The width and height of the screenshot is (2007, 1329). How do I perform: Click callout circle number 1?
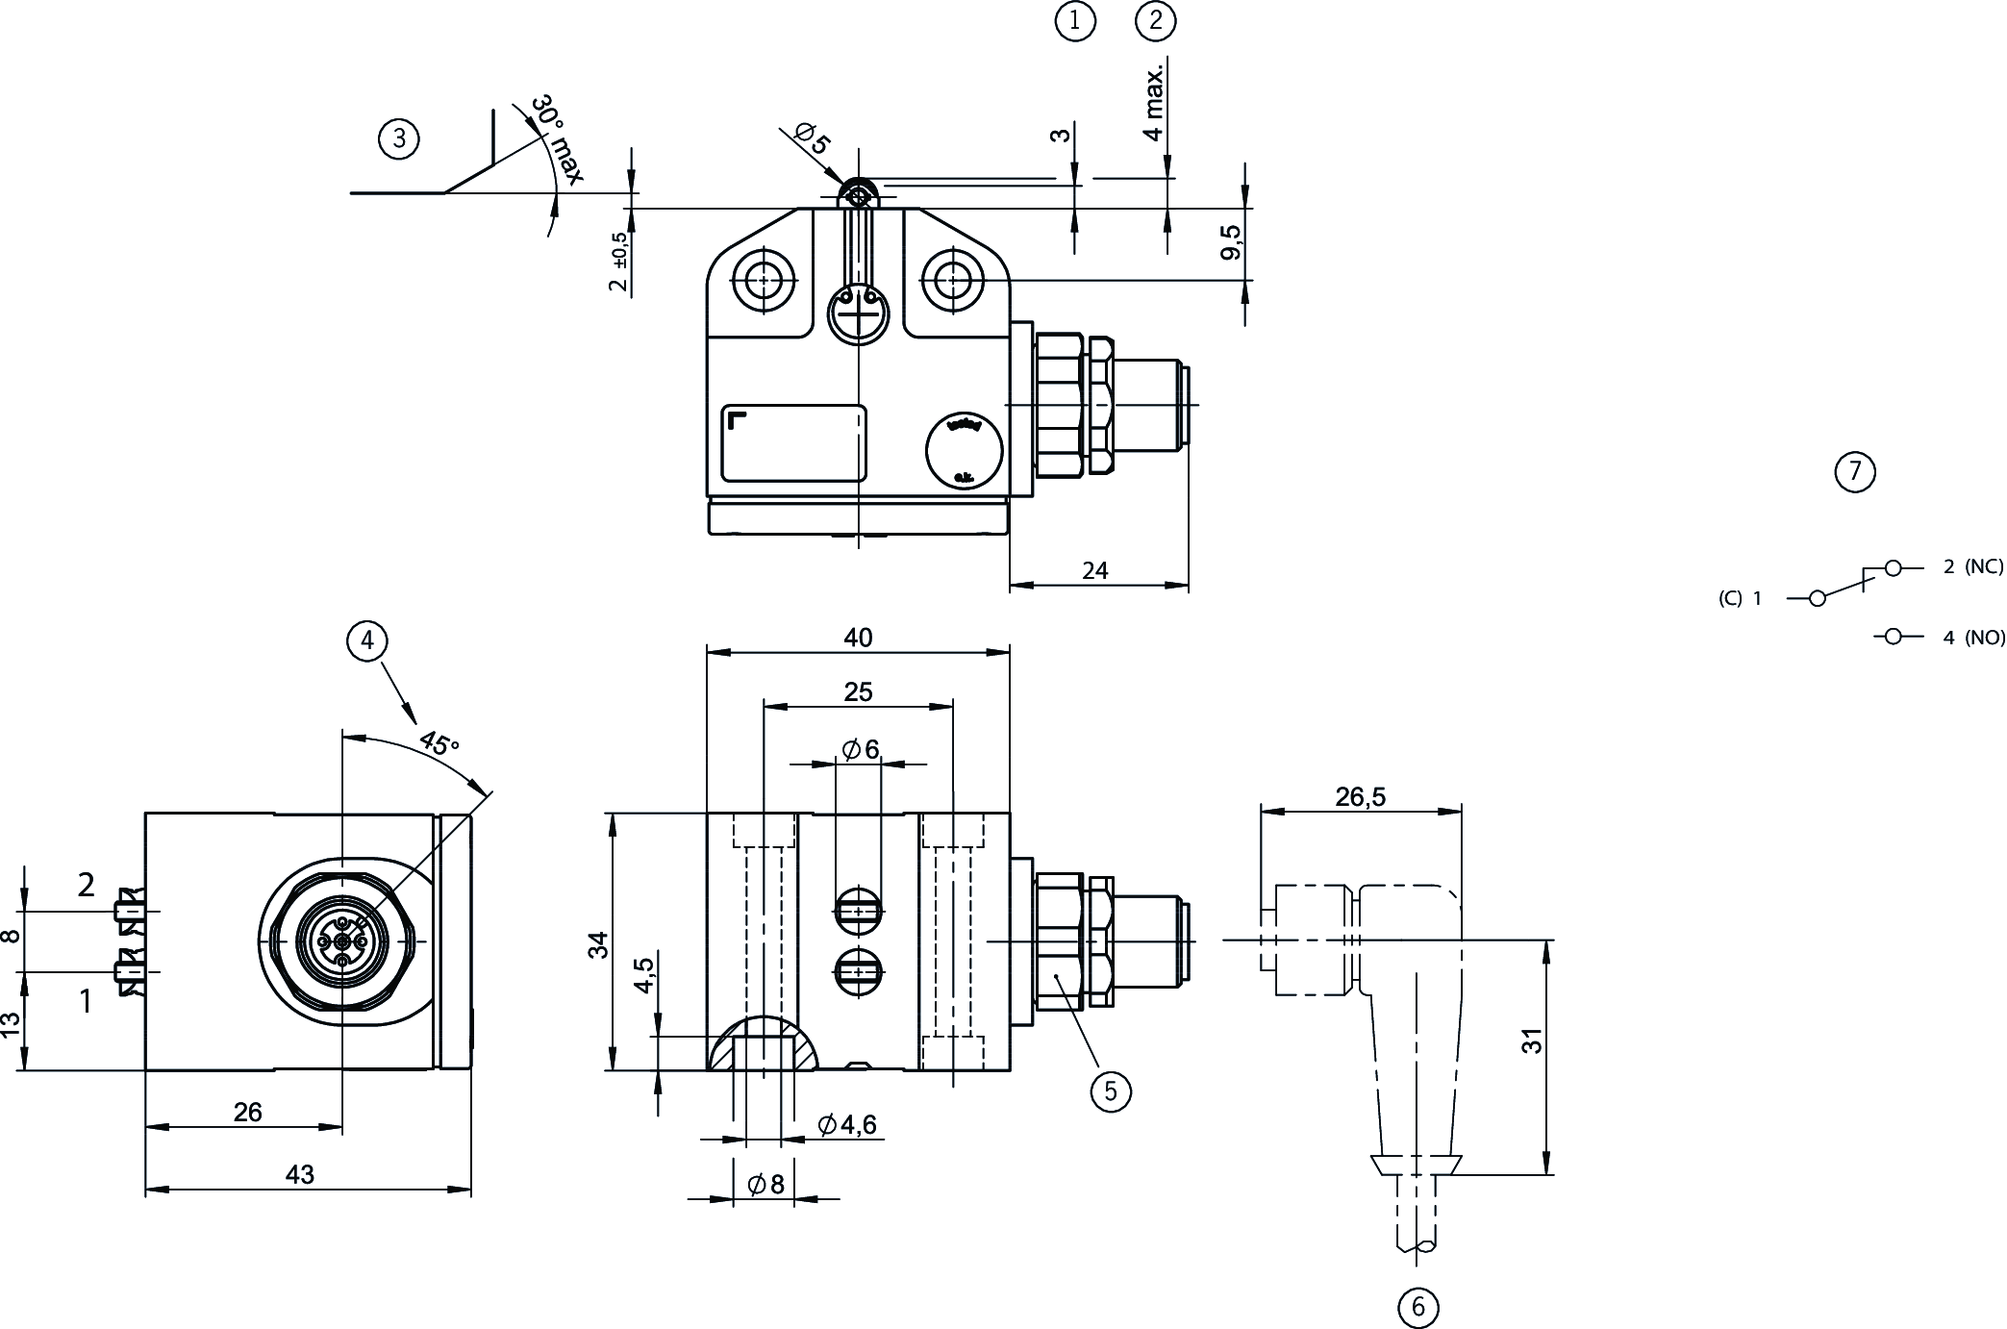(x=1075, y=21)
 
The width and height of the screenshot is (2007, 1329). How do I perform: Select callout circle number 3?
(x=399, y=139)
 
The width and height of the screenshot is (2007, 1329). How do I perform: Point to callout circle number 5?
(x=1111, y=1091)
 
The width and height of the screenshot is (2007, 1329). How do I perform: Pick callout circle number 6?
(x=1417, y=1306)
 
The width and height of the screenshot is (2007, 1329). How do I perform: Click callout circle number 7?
(x=1855, y=471)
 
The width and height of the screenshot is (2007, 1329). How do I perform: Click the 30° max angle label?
(x=557, y=139)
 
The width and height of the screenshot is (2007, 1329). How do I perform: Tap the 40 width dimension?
(x=858, y=638)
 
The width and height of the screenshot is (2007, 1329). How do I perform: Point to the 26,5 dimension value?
(x=1360, y=796)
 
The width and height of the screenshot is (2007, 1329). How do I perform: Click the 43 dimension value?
(x=300, y=1174)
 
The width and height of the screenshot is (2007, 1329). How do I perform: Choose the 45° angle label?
(x=439, y=742)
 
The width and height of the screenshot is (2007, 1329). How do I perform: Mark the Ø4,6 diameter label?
(x=847, y=1124)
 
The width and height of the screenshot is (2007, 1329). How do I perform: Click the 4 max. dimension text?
(x=1154, y=101)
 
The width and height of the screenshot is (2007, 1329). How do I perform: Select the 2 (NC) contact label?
(x=1972, y=567)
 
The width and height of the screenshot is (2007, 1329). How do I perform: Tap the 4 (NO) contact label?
(x=1972, y=637)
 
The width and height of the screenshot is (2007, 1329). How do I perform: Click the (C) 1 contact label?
(x=1740, y=598)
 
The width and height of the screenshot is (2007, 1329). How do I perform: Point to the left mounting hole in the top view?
(x=764, y=281)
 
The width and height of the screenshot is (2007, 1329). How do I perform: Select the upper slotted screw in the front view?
(x=858, y=909)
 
